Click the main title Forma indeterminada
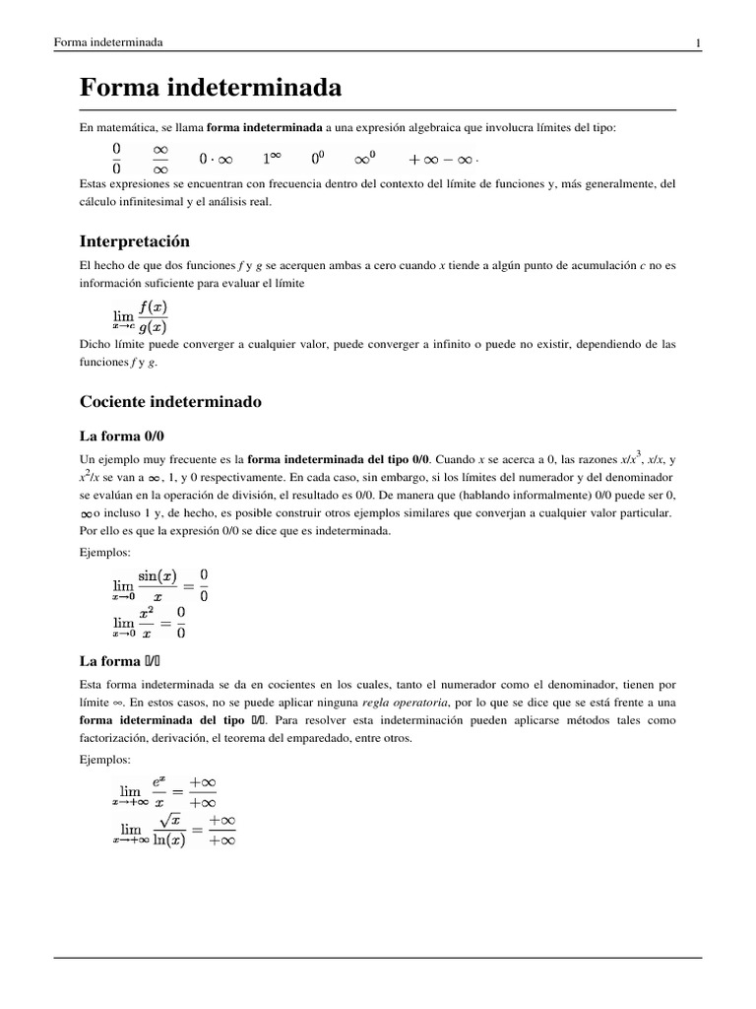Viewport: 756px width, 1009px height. coord(210,89)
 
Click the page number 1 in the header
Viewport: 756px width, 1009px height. coord(697,42)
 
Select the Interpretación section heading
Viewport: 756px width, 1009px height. coord(134,241)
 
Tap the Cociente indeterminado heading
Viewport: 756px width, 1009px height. coord(169,402)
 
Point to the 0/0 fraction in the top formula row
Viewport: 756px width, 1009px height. coord(116,158)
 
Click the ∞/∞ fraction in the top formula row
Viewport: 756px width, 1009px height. coord(160,158)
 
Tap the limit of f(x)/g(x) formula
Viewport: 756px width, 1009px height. coord(140,315)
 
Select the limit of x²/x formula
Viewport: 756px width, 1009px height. coord(148,623)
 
